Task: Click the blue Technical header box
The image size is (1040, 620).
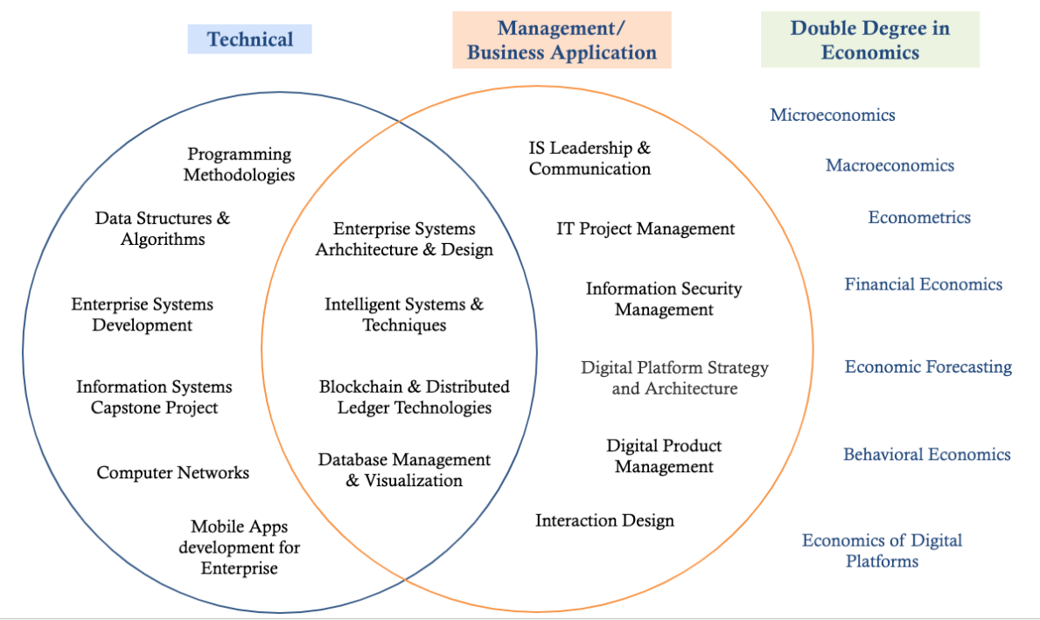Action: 249,39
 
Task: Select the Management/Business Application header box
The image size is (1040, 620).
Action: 562,40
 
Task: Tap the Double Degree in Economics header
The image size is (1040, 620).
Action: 869,40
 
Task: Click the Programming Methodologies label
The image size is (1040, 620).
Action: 239,164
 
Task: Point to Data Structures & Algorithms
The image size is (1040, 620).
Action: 163,228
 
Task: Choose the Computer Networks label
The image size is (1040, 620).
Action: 173,473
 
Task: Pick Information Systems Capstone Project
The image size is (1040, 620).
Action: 154,397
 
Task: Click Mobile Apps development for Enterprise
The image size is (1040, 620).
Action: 239,547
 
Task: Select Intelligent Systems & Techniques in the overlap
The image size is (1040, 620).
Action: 404,315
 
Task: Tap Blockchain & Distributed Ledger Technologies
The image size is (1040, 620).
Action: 414,397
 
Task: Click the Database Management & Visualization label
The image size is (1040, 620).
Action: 404,470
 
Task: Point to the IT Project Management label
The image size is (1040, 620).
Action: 646,229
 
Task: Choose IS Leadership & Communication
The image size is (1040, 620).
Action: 590,158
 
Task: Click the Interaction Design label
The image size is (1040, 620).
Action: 604,520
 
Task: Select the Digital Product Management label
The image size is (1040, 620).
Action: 664,456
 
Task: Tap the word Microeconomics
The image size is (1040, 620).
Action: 832,115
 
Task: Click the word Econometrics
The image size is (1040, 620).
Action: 918,217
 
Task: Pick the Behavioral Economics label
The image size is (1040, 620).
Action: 926,454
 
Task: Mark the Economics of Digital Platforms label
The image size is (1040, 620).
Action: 882,550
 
